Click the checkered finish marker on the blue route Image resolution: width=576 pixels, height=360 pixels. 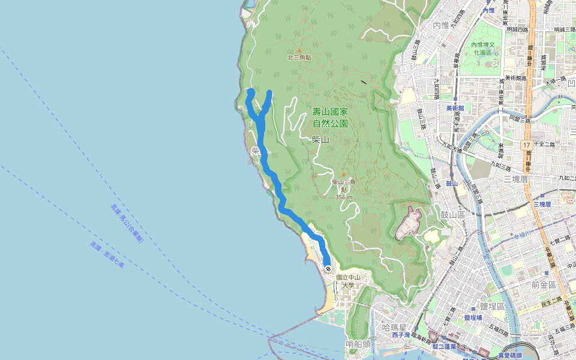(328, 269)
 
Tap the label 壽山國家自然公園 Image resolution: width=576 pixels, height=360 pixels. (330, 118)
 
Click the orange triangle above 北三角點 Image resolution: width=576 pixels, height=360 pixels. (299, 50)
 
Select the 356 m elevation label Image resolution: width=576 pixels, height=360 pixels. (343, 197)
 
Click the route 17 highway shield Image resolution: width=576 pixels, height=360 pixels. (526, 145)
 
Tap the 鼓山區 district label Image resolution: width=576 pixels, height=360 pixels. (453, 214)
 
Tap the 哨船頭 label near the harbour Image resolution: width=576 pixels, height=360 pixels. (358, 344)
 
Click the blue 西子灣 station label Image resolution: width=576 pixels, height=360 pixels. (400, 335)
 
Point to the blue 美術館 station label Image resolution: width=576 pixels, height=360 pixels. (455, 108)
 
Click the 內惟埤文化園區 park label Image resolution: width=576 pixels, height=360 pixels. (485, 49)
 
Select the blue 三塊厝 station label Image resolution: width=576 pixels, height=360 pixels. (542, 205)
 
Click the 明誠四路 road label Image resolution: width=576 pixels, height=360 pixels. (517, 29)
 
